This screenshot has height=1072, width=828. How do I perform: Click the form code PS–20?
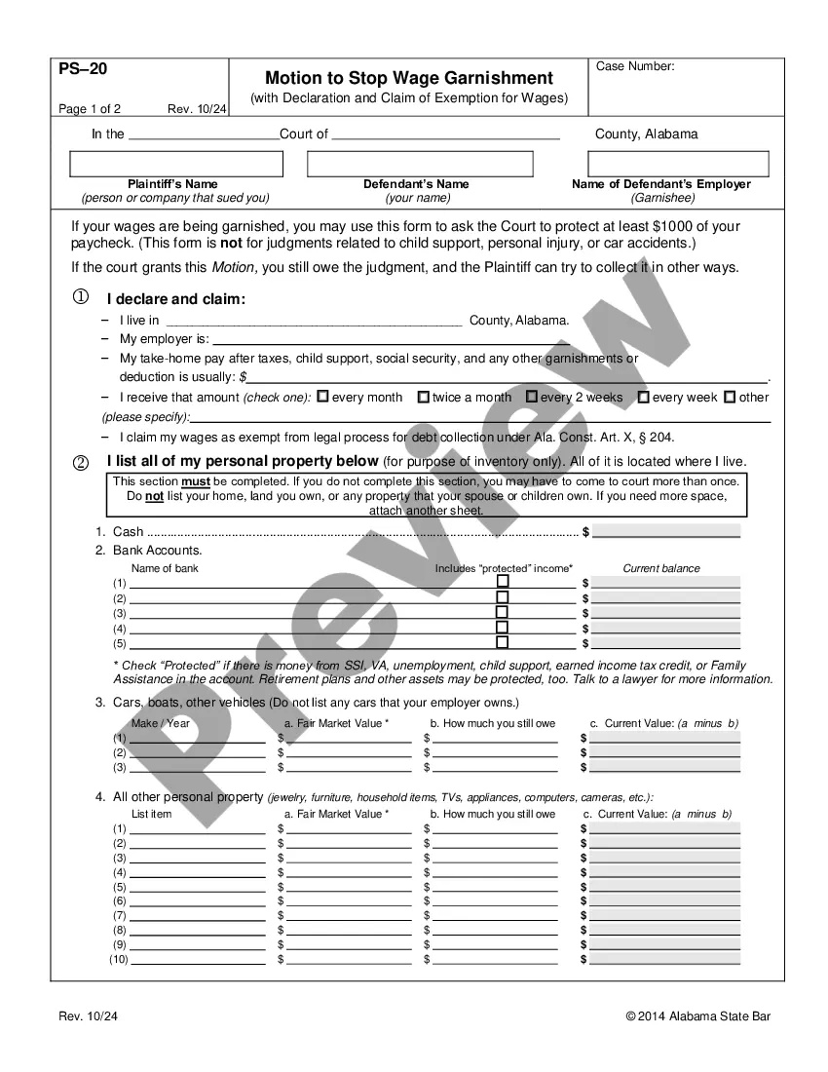click(83, 68)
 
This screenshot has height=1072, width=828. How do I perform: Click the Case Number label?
click(635, 66)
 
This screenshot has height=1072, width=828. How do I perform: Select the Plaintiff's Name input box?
click(176, 164)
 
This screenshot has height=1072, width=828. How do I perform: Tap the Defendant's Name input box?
click(420, 164)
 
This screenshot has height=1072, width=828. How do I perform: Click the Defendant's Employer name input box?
click(661, 164)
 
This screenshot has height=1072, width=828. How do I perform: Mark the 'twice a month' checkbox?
click(423, 397)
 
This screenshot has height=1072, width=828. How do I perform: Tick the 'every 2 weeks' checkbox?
click(532, 397)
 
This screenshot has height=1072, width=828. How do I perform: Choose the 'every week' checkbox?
click(643, 397)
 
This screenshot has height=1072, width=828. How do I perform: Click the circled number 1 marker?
click(81, 296)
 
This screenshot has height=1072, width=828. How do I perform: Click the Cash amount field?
click(665, 531)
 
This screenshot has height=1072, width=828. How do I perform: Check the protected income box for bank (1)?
click(503, 582)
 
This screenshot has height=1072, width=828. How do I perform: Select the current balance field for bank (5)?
click(665, 643)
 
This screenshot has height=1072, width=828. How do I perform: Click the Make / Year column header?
click(161, 723)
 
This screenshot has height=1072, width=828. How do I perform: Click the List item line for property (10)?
click(198, 959)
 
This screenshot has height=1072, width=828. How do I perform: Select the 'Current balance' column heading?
click(661, 568)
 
